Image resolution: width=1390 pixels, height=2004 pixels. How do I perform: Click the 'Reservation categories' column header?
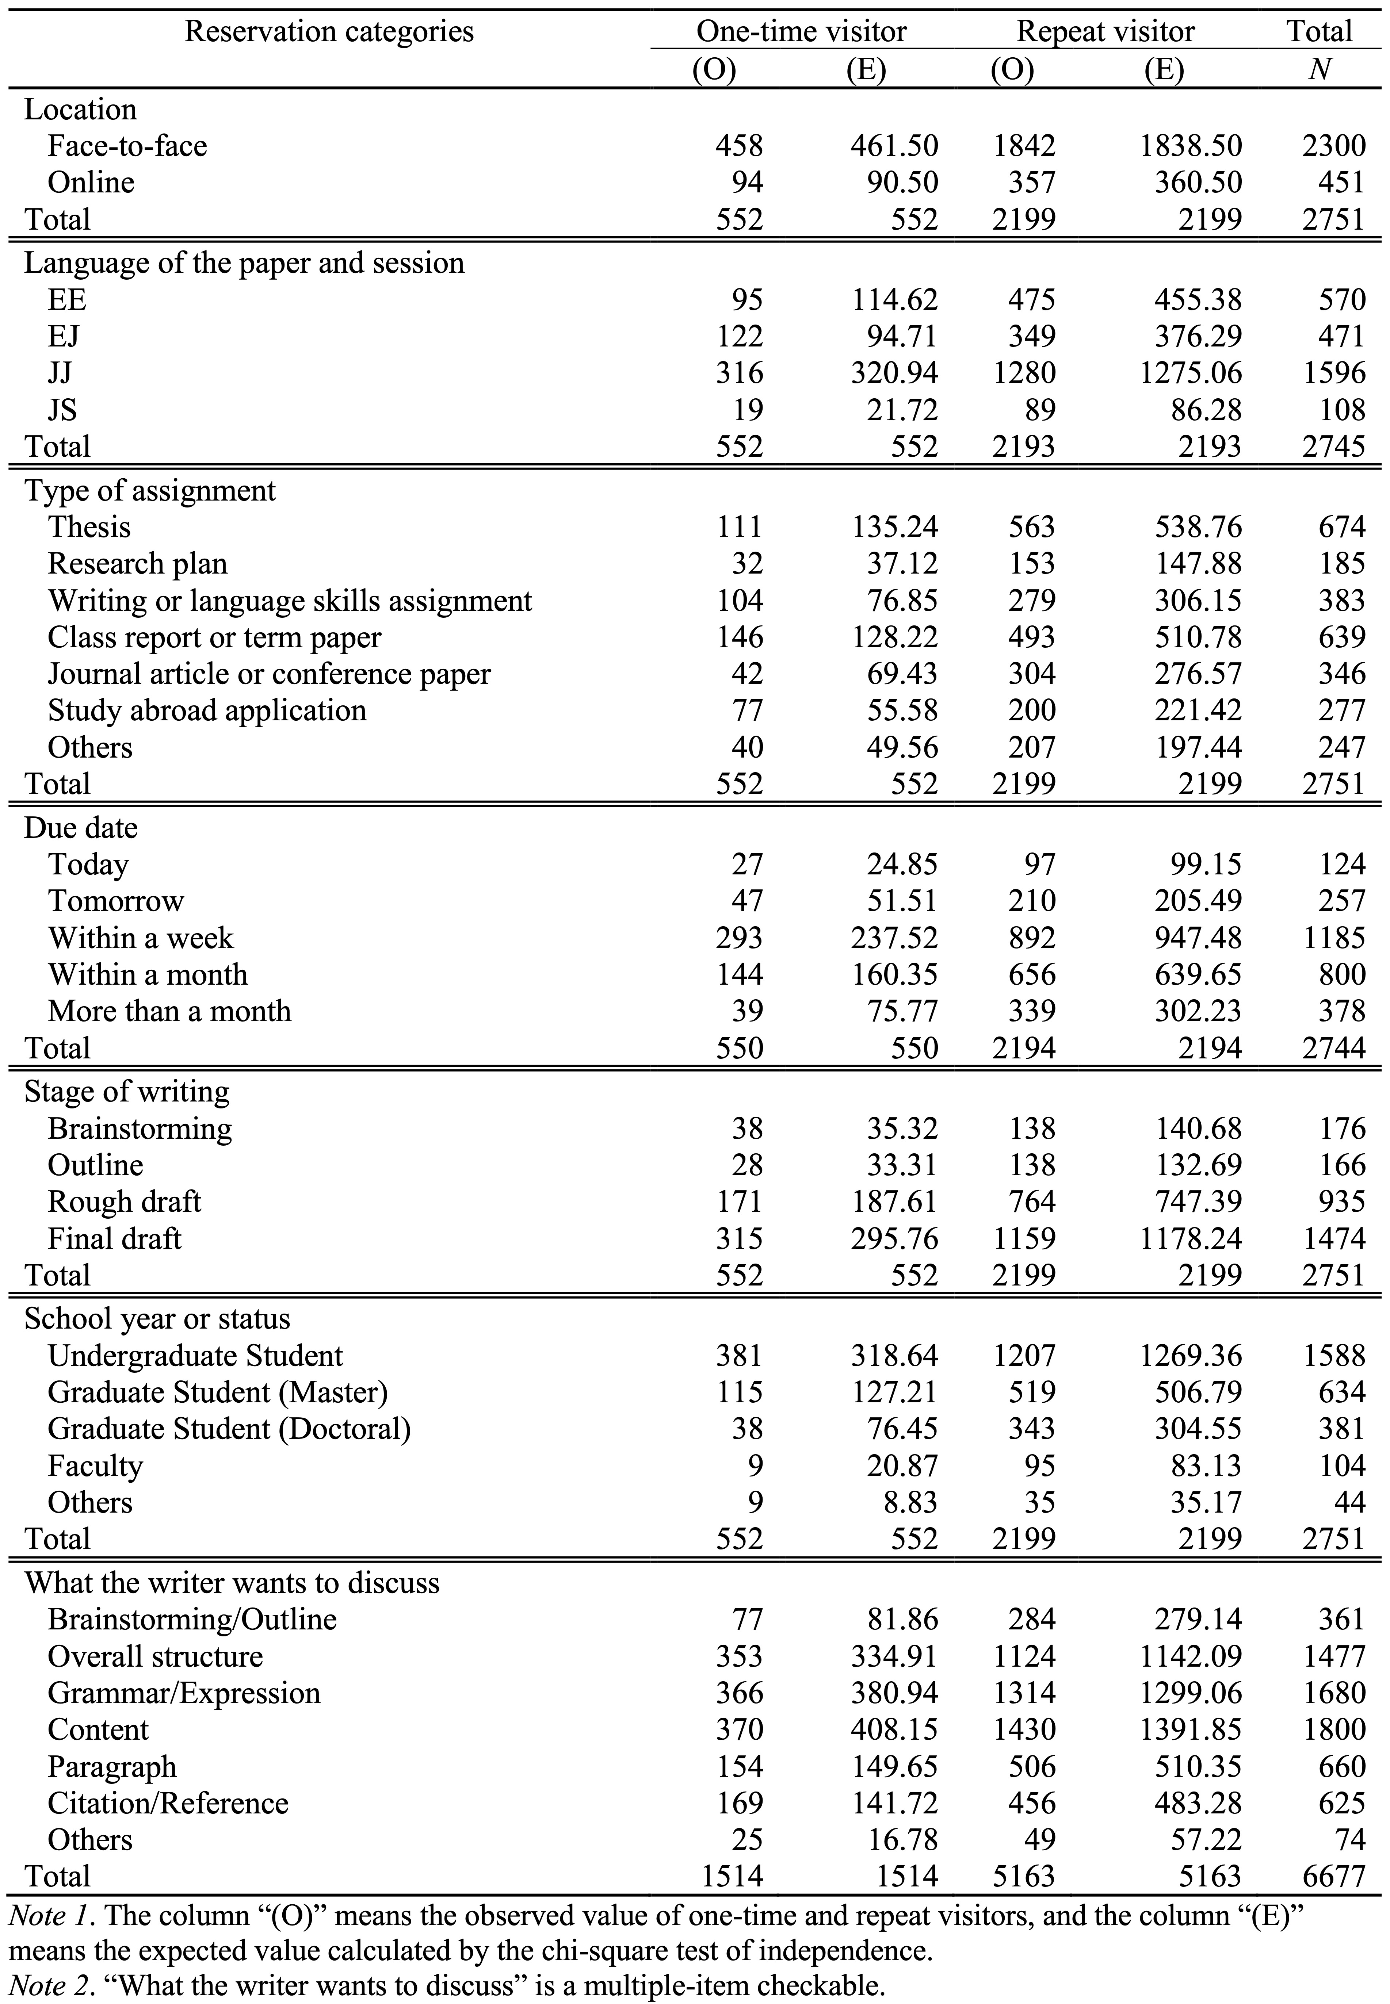329,32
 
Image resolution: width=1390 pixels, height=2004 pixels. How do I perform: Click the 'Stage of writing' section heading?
127,1092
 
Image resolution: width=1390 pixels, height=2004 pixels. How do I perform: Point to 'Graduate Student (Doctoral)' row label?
229,1429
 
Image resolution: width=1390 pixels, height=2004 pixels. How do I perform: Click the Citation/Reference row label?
168,1802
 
